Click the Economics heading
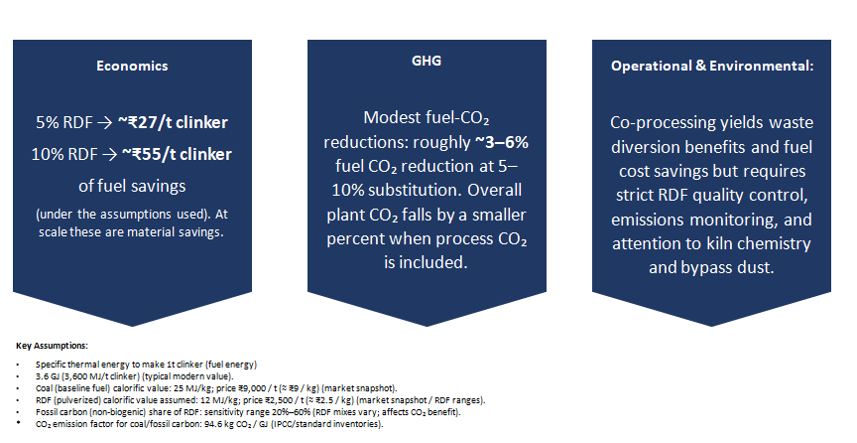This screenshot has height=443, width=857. tap(132, 66)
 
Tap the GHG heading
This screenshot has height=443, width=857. tap(427, 61)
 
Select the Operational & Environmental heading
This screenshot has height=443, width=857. tap(712, 66)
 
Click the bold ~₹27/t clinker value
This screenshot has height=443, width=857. tap(173, 122)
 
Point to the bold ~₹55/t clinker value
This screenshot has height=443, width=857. tap(176, 154)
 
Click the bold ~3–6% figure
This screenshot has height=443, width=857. tap(502, 142)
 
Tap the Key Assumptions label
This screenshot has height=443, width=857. tap(52, 346)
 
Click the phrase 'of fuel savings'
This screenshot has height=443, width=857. tap(132, 186)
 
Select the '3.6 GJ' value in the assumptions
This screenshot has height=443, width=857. tap(46, 376)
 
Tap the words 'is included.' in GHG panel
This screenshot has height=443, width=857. tap(426, 262)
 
